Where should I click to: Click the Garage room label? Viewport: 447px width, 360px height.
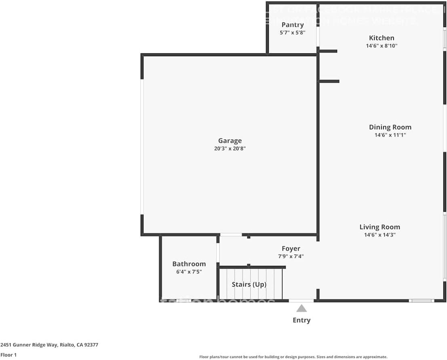[230, 141]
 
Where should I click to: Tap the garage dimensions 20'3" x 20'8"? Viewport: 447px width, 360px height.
[230, 149]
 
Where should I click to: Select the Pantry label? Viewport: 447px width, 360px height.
[293, 25]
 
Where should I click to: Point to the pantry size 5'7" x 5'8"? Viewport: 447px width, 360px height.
[293, 33]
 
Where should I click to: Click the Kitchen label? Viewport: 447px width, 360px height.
[382, 38]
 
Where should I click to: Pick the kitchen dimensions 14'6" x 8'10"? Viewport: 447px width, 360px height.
[382, 46]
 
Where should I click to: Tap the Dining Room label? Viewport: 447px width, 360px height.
[390, 127]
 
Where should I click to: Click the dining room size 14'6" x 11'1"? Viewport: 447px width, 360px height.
[390, 135]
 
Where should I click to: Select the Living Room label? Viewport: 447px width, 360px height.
[380, 227]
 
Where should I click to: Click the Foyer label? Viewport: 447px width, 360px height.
[291, 248]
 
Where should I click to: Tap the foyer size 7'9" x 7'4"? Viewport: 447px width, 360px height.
[291, 257]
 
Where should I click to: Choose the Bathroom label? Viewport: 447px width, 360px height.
[189, 264]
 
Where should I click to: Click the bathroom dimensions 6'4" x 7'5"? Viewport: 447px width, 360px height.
[189, 272]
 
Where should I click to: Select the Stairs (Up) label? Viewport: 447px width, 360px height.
[249, 284]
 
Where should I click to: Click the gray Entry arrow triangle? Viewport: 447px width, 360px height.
[302, 309]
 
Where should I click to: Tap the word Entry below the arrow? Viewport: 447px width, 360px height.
[302, 320]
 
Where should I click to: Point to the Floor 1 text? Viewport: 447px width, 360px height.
[8, 355]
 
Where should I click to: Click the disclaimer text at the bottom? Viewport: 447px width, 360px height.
[293, 357]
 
